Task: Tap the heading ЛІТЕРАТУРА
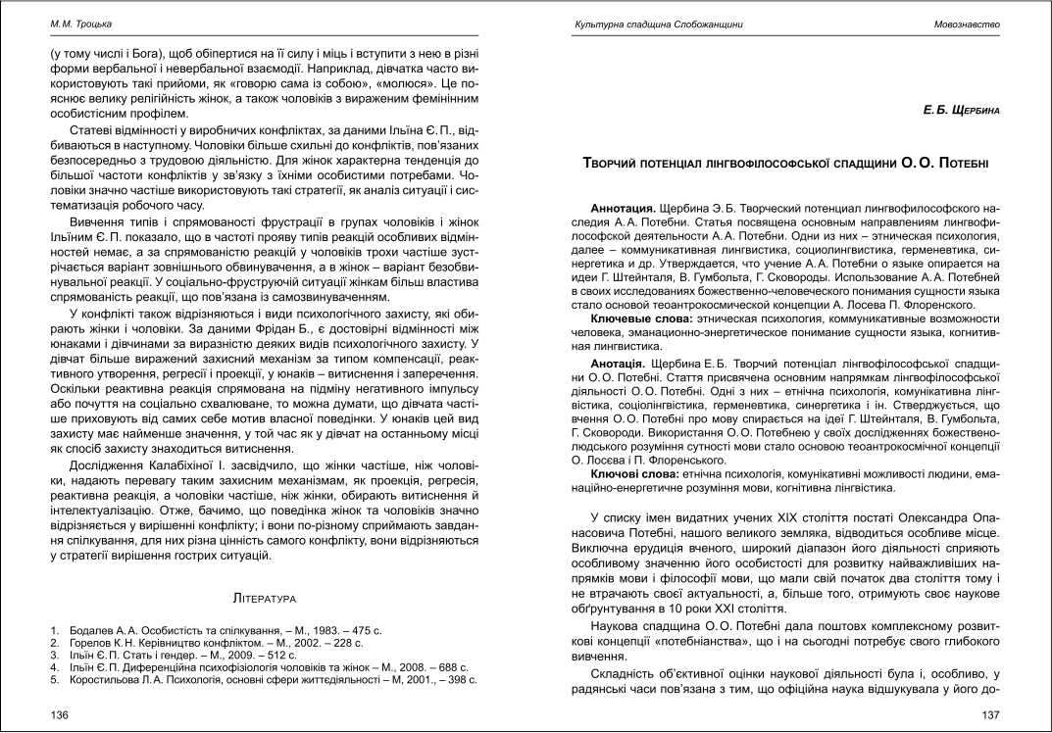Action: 265,596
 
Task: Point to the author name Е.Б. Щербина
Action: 961,111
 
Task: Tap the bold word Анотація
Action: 620,364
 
